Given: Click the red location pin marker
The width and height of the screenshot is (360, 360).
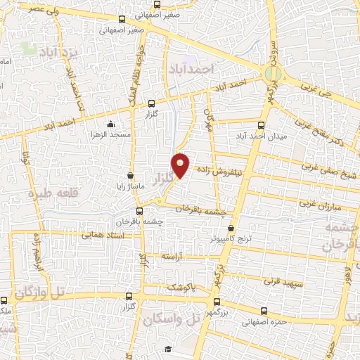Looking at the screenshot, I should click(181, 164).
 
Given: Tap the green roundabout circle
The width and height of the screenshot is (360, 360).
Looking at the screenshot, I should click(273, 72).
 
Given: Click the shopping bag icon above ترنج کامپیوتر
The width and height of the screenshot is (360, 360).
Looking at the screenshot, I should click(231, 228).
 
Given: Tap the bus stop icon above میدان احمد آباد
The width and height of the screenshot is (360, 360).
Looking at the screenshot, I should click(262, 125).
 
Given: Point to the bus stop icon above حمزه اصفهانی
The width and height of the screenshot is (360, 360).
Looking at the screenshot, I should click(264, 311).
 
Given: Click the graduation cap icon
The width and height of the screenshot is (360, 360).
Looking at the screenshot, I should click(167, 349).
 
